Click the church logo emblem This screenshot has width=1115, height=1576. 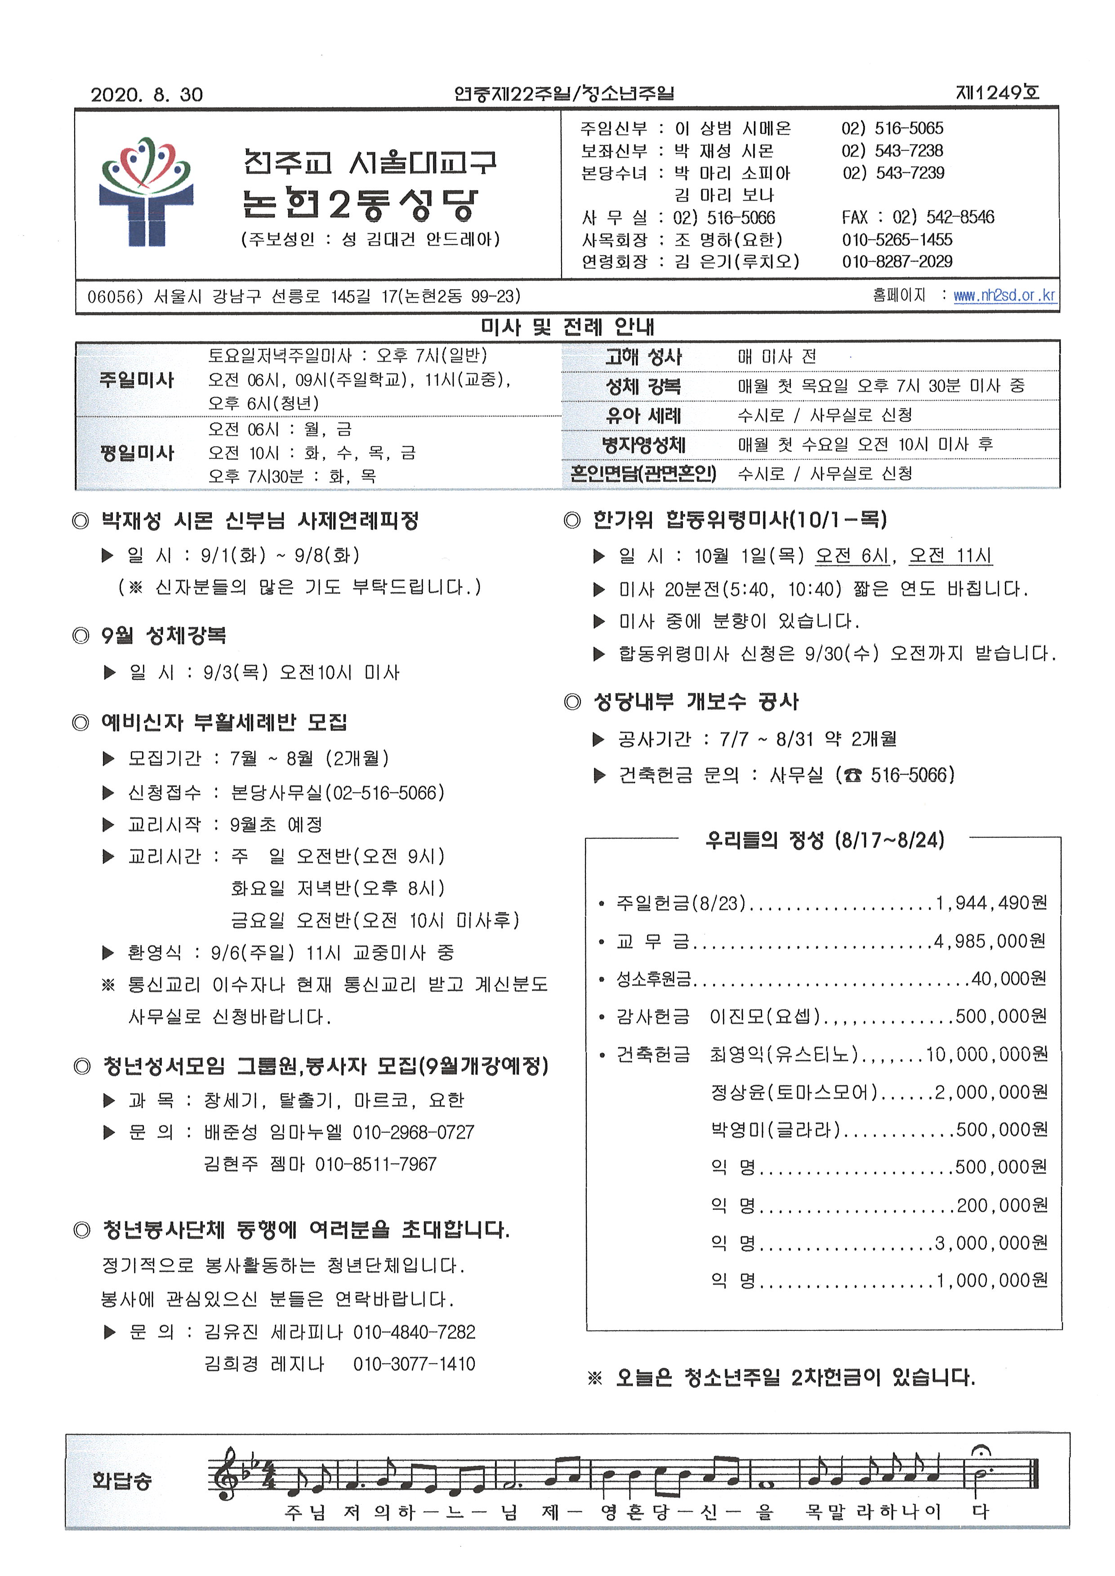pos(146,191)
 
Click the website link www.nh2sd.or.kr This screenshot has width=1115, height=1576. pos(1004,295)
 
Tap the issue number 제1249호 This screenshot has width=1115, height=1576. pos(997,93)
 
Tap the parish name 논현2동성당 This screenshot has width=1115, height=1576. pos(360,203)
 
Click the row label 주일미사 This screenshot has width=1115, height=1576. pos(137,380)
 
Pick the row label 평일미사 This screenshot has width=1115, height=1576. pos(137,453)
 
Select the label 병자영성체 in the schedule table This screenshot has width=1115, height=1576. pos(643,444)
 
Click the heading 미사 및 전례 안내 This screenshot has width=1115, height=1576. pos(567,327)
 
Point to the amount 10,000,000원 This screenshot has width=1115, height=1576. pos(986,1054)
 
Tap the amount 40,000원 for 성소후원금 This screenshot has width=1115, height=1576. pos(1008,979)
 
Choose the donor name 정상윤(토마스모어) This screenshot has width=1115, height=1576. pos(794,1092)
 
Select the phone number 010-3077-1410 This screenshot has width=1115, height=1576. pos(414,1363)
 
